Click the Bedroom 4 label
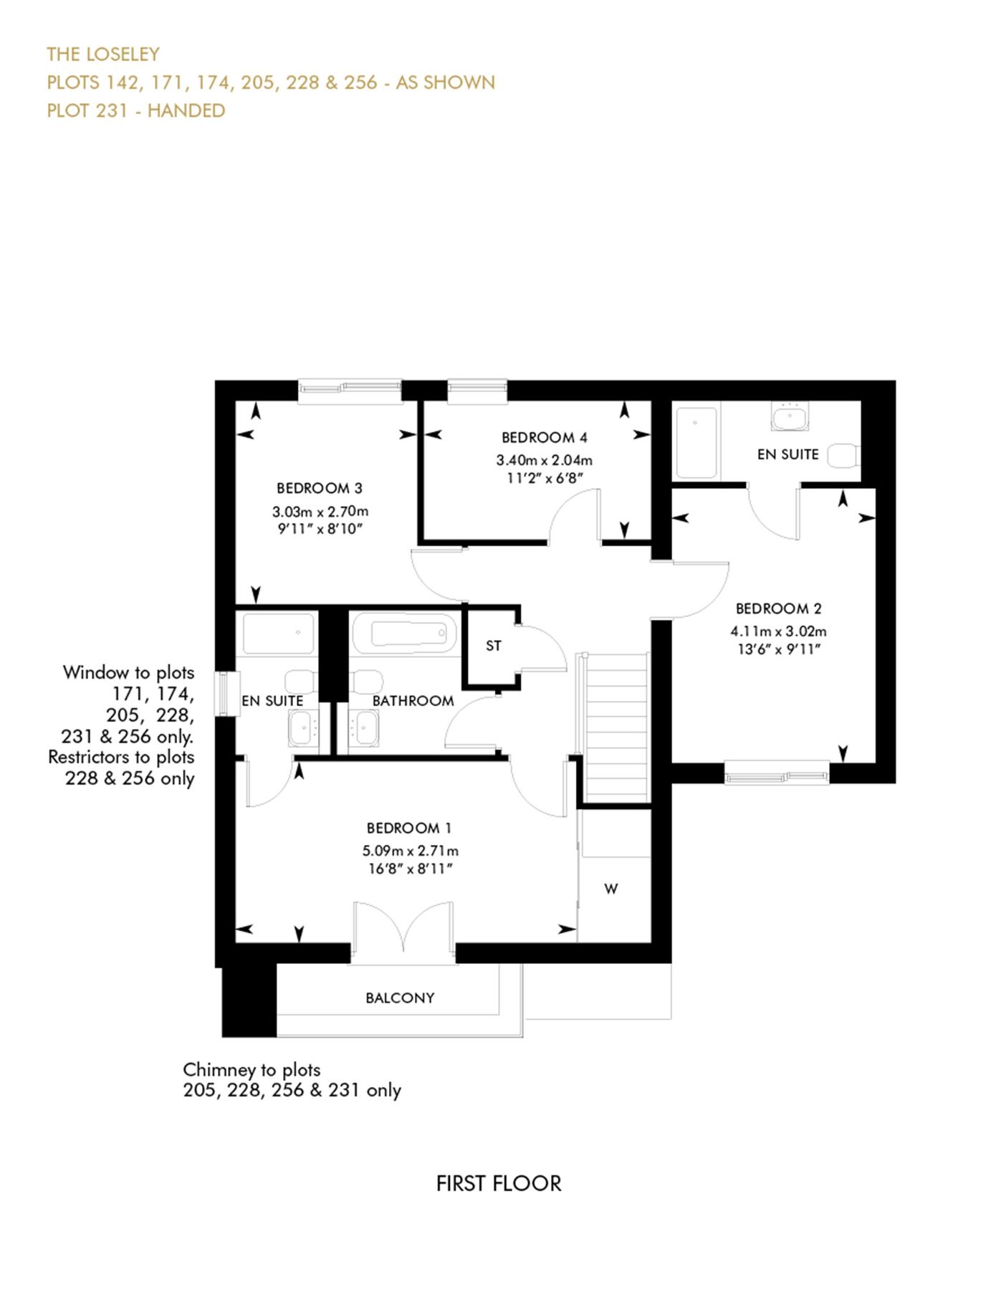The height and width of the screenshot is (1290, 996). pyautogui.click(x=544, y=437)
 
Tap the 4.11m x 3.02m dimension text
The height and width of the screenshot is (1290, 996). pyautogui.click(x=778, y=631)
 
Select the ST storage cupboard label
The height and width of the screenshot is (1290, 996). pyautogui.click(x=494, y=646)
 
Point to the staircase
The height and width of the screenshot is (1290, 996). pyautogui.click(x=616, y=727)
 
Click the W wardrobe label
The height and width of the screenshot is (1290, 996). pyautogui.click(x=610, y=889)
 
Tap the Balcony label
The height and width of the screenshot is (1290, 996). pyautogui.click(x=400, y=998)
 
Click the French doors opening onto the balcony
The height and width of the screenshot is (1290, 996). pyautogui.click(x=403, y=928)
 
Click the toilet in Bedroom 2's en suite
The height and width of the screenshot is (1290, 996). pyautogui.click(x=843, y=455)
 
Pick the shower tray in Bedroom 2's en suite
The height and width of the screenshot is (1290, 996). pyautogui.click(x=696, y=443)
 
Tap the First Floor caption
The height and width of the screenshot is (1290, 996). pyautogui.click(x=499, y=1183)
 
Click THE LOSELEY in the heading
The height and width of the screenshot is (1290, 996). pyautogui.click(x=103, y=54)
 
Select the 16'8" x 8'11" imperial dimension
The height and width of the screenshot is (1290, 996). pyautogui.click(x=410, y=869)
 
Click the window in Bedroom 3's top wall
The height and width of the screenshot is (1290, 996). pyautogui.click(x=350, y=389)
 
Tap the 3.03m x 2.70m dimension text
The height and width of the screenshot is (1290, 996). pyautogui.click(x=320, y=512)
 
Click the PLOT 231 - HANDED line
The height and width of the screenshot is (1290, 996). pyautogui.click(x=136, y=111)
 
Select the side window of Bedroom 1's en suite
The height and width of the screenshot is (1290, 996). pyautogui.click(x=227, y=693)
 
